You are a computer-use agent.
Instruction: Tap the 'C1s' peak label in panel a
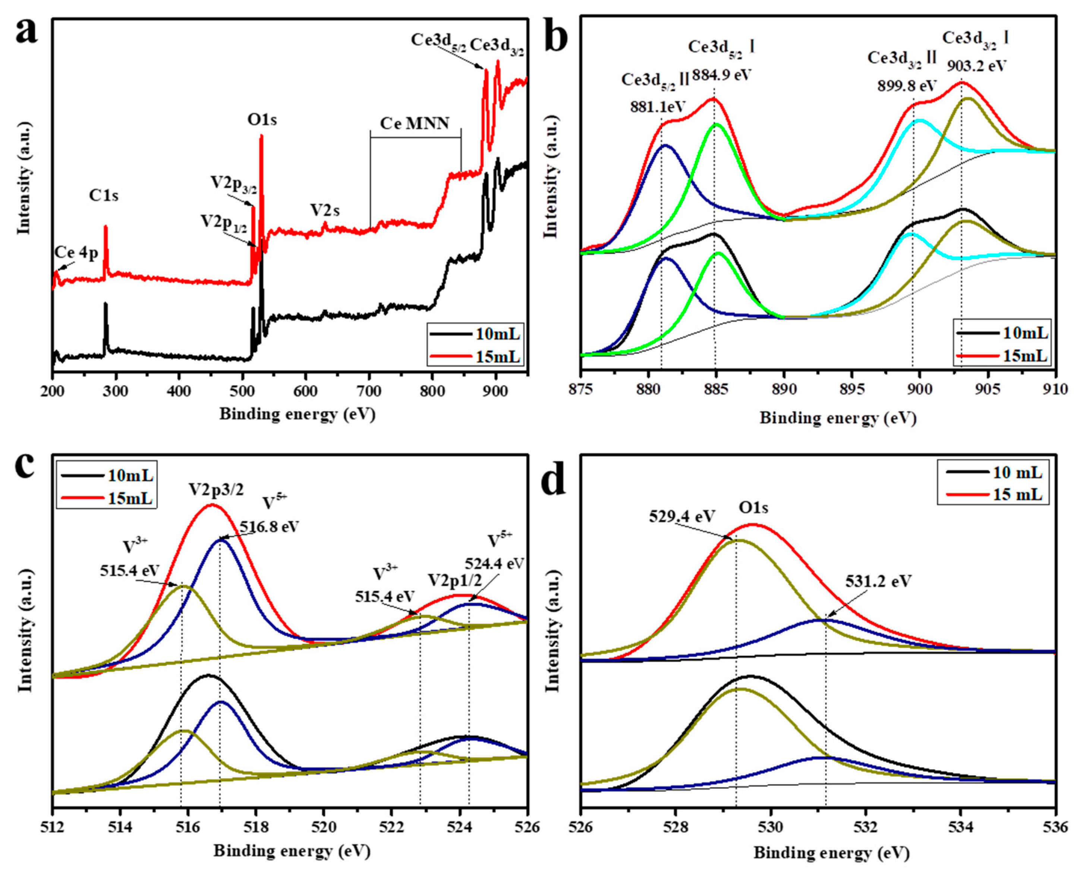pyautogui.click(x=104, y=196)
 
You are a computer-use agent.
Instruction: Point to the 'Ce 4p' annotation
pyautogui.click(x=76, y=253)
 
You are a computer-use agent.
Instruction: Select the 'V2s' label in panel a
pyautogui.click(x=324, y=210)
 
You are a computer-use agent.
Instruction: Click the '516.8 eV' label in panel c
pyautogui.click(x=269, y=527)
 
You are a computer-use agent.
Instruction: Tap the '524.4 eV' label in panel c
pyautogui.click(x=494, y=563)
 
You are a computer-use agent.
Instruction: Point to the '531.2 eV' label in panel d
pyautogui.click(x=878, y=581)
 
